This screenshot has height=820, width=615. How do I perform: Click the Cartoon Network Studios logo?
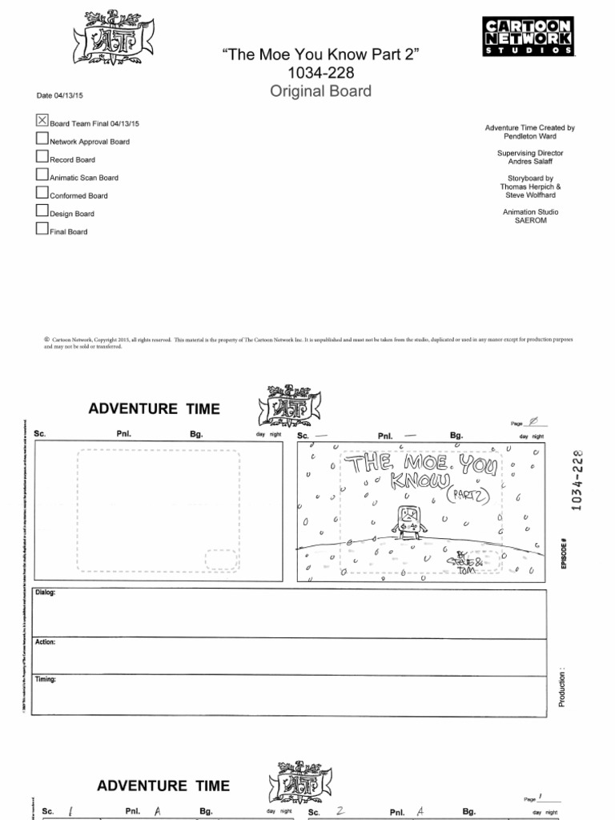coord(529,36)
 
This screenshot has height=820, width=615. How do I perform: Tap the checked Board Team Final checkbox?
coord(42,121)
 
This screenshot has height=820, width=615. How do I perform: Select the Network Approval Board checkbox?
coord(42,139)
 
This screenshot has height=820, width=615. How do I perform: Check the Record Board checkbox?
coord(42,157)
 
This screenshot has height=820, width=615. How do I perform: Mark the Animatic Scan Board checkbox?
coord(42,175)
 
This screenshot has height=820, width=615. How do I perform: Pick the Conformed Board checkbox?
coord(42,193)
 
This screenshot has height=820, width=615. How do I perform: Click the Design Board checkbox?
coord(42,211)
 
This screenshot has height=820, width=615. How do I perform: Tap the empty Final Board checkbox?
coord(42,229)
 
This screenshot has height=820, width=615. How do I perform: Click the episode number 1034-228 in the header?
coord(320,73)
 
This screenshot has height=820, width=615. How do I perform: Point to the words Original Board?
coord(320,91)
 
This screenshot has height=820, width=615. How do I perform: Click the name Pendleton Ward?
coord(530,137)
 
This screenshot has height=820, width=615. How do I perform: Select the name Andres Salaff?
coord(530,162)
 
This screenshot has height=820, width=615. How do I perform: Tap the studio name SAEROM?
coord(530,221)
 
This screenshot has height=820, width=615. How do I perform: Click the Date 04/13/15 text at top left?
coord(60,96)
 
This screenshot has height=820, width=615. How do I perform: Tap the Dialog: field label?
coord(46,594)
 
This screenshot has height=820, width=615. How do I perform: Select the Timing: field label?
coord(46,680)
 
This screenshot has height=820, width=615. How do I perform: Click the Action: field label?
coord(46,643)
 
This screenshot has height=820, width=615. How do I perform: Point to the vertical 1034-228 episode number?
coord(575,480)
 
